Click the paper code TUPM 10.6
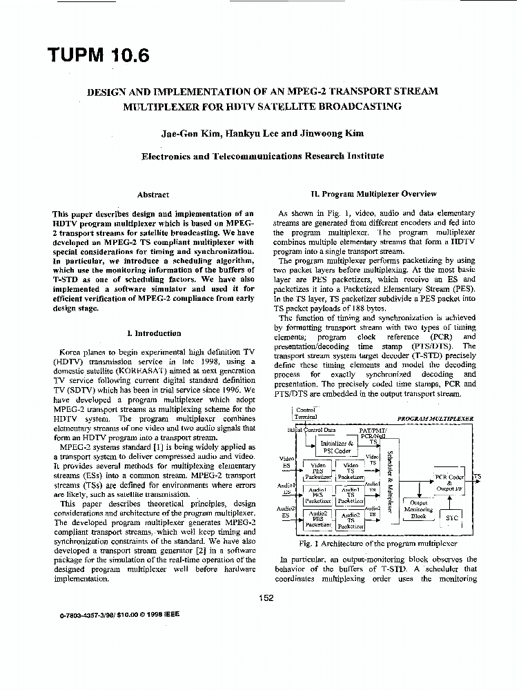tap(98, 55)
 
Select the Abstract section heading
tap(153, 195)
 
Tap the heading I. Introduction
tap(153, 333)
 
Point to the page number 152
tap(268, 598)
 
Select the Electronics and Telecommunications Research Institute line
tap(262, 156)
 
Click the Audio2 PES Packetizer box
tap(319, 519)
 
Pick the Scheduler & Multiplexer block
tap(390, 482)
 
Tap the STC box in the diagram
tap(452, 517)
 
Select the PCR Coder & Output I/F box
tap(449, 482)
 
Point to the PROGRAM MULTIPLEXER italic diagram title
tap(435, 418)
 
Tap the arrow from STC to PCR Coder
tap(451, 501)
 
